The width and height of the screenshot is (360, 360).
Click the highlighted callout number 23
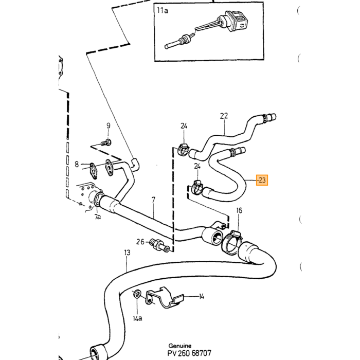click(262, 180)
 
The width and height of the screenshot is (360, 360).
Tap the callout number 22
click(224, 116)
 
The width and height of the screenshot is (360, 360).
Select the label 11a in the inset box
click(163, 10)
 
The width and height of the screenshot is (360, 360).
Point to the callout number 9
click(109, 125)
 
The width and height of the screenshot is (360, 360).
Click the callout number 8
click(77, 164)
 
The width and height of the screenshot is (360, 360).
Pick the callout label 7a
click(98, 217)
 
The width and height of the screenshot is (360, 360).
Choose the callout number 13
click(127, 253)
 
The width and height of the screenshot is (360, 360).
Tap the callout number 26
click(140, 242)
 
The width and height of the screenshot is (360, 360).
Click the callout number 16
click(239, 210)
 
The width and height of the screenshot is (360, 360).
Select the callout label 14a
click(137, 318)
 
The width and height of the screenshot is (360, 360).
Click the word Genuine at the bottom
click(180, 346)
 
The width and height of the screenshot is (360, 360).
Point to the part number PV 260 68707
click(189, 353)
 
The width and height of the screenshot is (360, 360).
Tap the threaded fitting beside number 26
click(159, 245)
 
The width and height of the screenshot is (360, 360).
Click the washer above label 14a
click(137, 294)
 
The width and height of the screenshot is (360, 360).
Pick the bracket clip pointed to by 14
click(165, 298)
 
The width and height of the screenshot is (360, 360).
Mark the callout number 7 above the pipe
click(153, 200)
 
